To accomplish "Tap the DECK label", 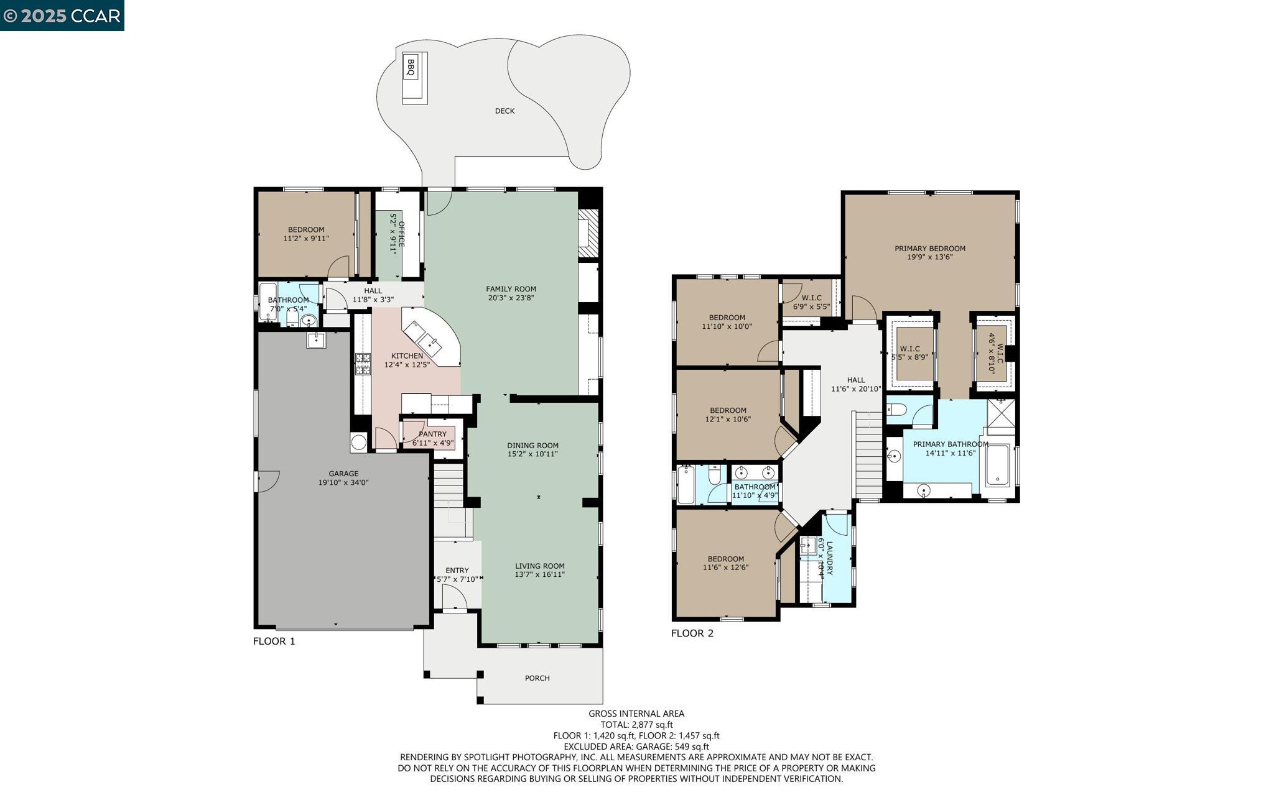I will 504,111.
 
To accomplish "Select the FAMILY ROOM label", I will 511,289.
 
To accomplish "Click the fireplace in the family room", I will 588,233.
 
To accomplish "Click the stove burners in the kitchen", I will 362,364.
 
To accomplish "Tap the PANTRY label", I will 432,434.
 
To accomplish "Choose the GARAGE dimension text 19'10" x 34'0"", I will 343,482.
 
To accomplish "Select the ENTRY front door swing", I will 455,599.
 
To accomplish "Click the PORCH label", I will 537,678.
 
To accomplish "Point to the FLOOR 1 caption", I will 274,641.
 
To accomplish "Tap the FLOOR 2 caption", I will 692,633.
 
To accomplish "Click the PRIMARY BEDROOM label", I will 929,249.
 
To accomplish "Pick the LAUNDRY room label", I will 829,558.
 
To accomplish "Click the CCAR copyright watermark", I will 62,16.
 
